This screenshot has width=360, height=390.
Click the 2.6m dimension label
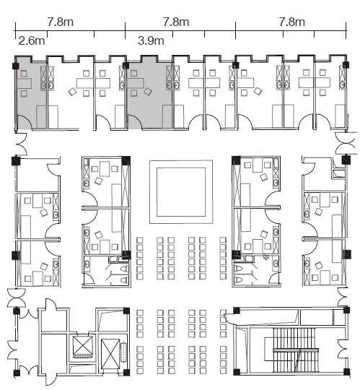pyautogui.click(x=32, y=41)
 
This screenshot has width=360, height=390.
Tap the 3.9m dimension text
pyautogui.click(x=151, y=40)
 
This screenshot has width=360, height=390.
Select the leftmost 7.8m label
pyautogui.click(x=61, y=22)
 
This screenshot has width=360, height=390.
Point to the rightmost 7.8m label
pyautogui.click(x=291, y=22)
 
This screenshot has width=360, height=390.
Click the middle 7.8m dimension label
pyautogui.click(x=176, y=22)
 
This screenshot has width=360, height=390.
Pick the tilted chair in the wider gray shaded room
pyautogui.click(x=148, y=92)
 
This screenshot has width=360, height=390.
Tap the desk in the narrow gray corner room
pyautogui.click(x=24, y=84)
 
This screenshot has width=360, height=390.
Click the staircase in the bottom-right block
pyautogui.click(x=296, y=350)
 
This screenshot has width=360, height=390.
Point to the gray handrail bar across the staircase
pyautogui.click(x=296, y=350)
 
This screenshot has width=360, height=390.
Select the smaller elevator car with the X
pyautogui.click(x=83, y=345)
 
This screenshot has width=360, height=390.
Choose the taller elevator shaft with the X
pyautogui.click(x=110, y=354)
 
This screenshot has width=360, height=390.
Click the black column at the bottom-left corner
pyautogui.click(x=17, y=373)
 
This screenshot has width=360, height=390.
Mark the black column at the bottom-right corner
pyautogui.click(x=346, y=372)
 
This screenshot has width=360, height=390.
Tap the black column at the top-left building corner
pyautogui.click(x=16, y=66)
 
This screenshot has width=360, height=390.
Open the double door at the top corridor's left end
pyautogui.click(x=22, y=144)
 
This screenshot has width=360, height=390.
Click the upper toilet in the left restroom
pyautogui.click(x=124, y=269)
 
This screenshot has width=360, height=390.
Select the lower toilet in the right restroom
pyautogui.click(x=238, y=279)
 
